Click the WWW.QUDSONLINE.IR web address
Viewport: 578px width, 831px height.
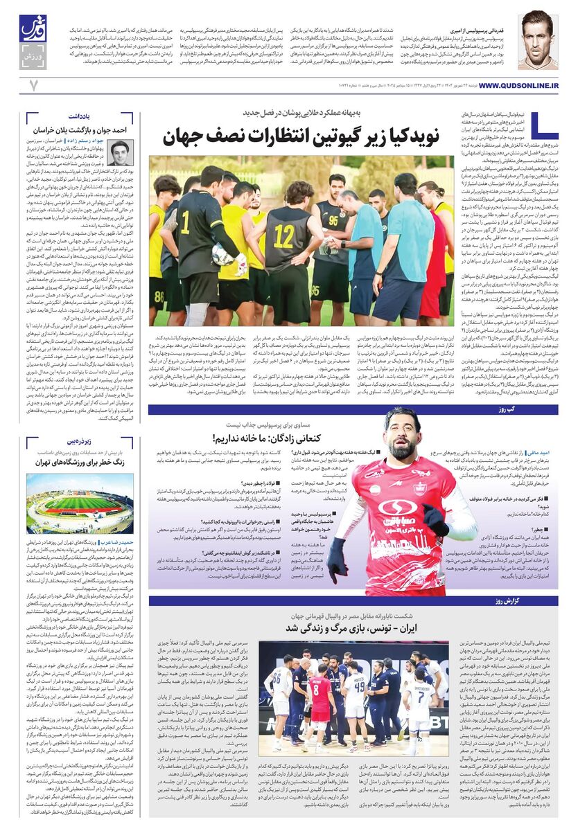click(518, 84)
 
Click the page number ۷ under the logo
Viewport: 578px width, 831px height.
click(32, 84)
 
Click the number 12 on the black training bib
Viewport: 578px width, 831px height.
click(283, 235)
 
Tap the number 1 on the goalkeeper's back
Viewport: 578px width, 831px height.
click(185, 222)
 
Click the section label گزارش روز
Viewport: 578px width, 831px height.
click(535, 600)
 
